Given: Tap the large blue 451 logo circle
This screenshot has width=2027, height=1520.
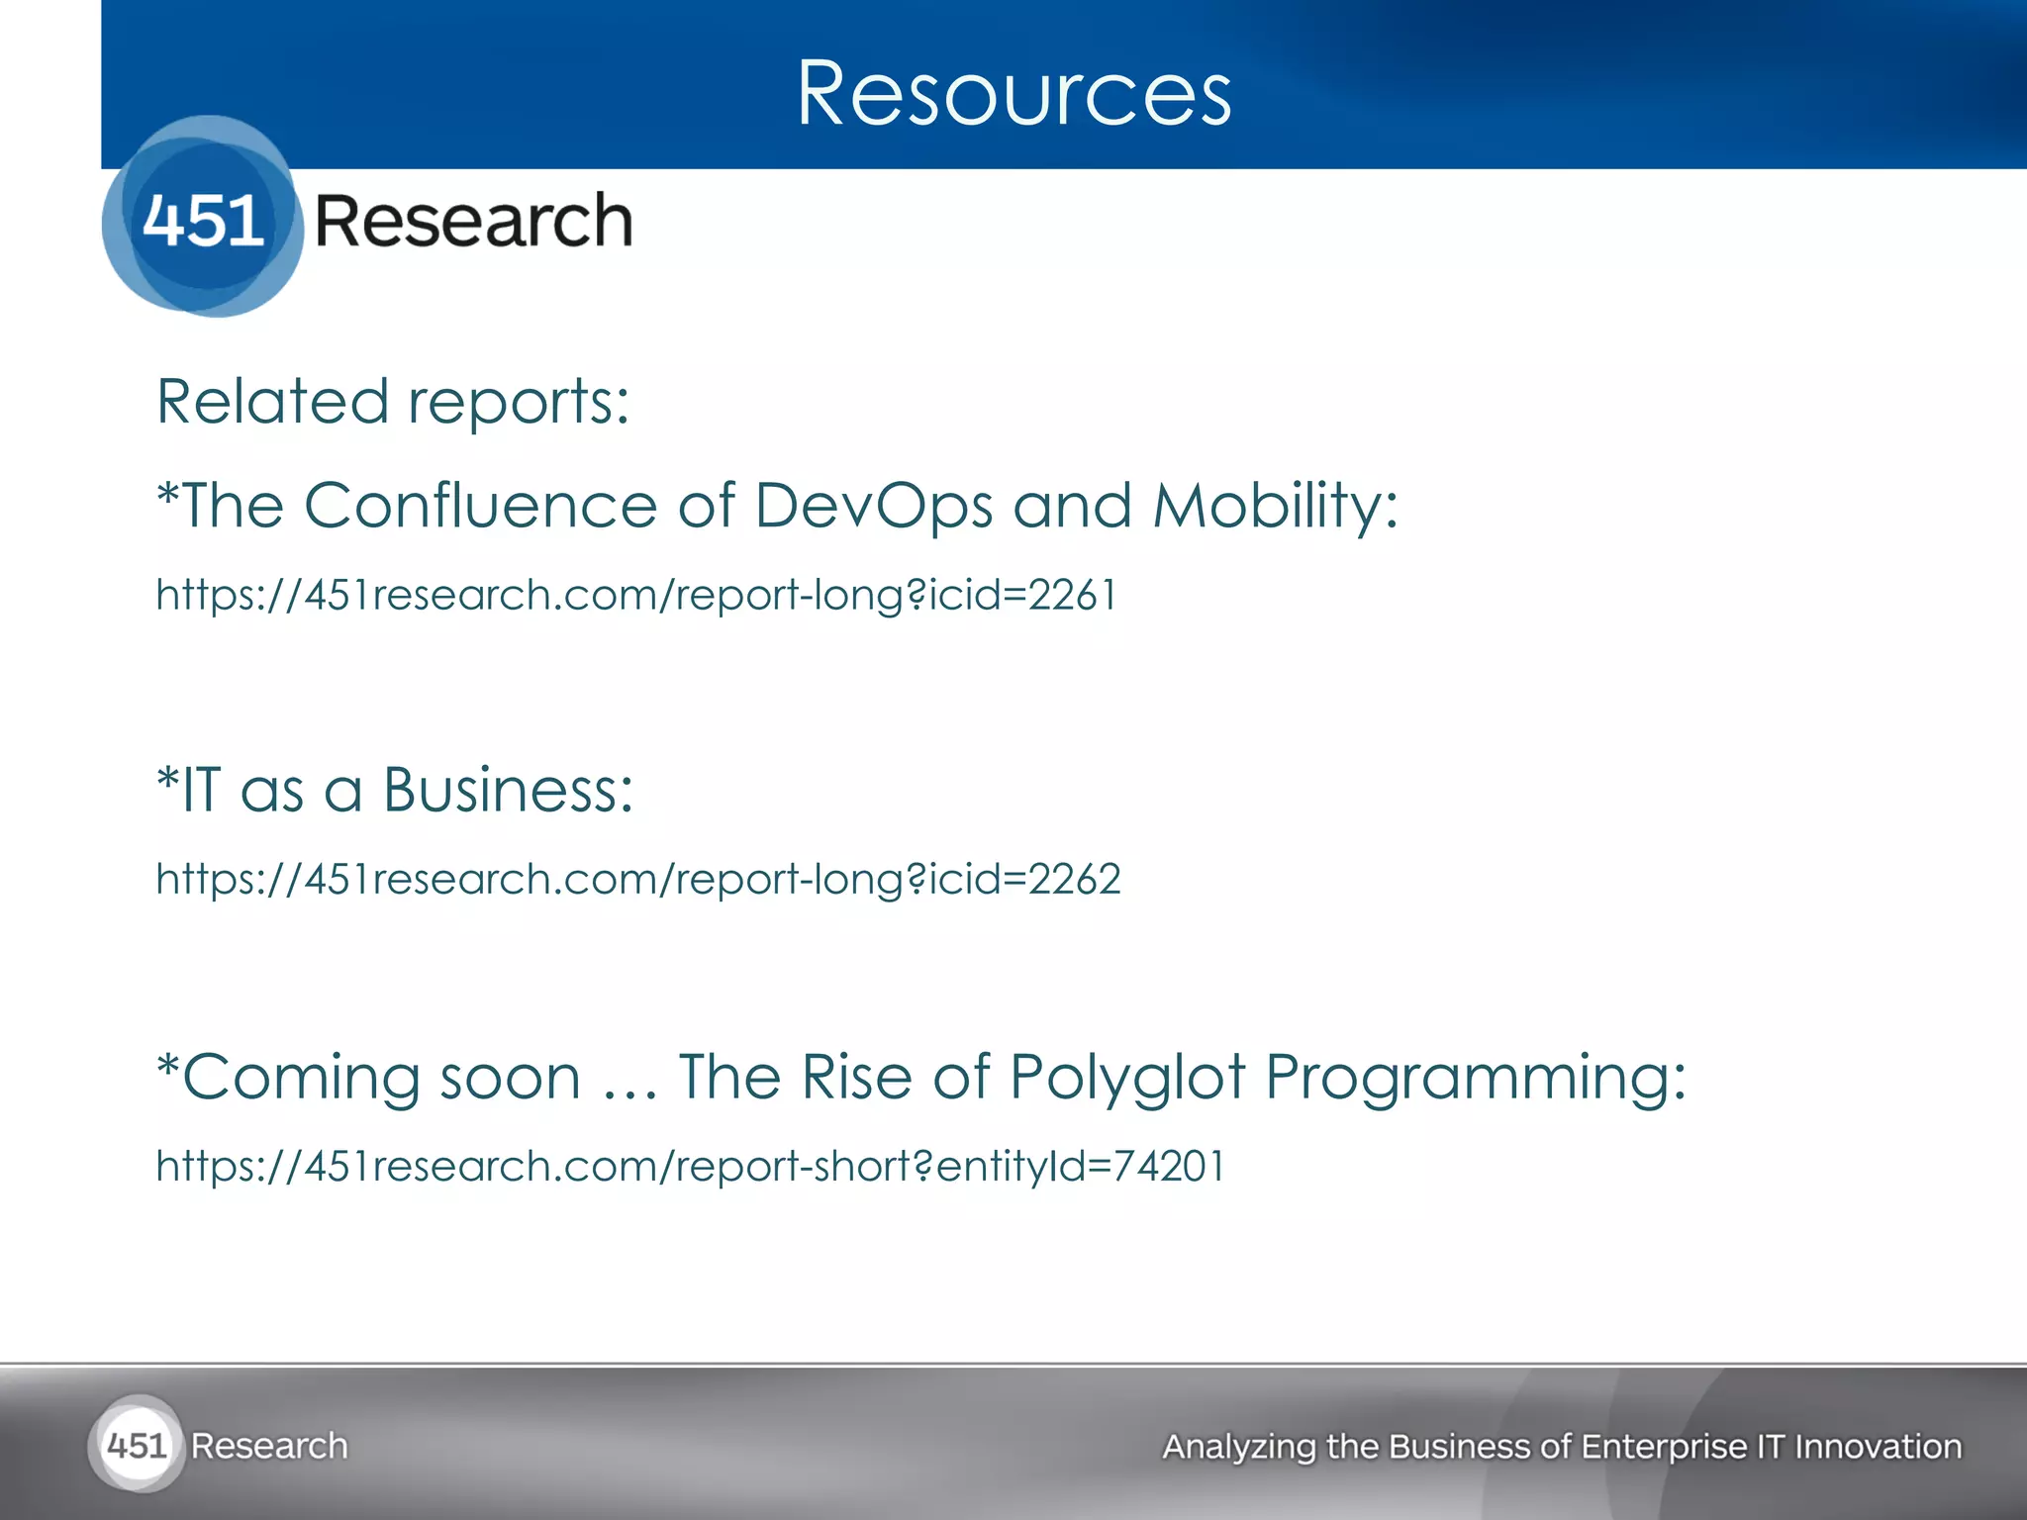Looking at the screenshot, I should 203,218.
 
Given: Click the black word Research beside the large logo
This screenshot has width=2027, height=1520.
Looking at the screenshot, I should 473,221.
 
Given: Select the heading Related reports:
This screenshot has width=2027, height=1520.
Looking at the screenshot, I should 393,402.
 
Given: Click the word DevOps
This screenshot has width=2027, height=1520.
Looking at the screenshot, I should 873,507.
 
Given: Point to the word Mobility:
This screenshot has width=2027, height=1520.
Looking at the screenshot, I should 1275,507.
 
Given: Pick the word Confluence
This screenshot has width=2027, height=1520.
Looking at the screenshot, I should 480,506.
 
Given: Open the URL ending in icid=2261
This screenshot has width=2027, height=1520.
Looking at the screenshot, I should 636,595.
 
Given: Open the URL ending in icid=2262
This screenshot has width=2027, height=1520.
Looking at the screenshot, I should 638,879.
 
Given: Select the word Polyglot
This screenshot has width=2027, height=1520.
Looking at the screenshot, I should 1126,1077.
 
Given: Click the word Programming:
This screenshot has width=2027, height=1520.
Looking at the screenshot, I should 1476,1077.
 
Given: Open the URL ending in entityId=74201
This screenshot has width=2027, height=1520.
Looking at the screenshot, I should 691,1166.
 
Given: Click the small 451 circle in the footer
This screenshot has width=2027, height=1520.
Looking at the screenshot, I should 136,1446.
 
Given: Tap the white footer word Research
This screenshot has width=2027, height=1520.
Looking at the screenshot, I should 269,1446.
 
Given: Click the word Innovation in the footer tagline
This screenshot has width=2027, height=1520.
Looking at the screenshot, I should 1878,1447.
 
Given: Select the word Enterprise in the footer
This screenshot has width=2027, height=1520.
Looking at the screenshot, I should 1664,1447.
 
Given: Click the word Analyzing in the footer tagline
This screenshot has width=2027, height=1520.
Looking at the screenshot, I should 1238,1447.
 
